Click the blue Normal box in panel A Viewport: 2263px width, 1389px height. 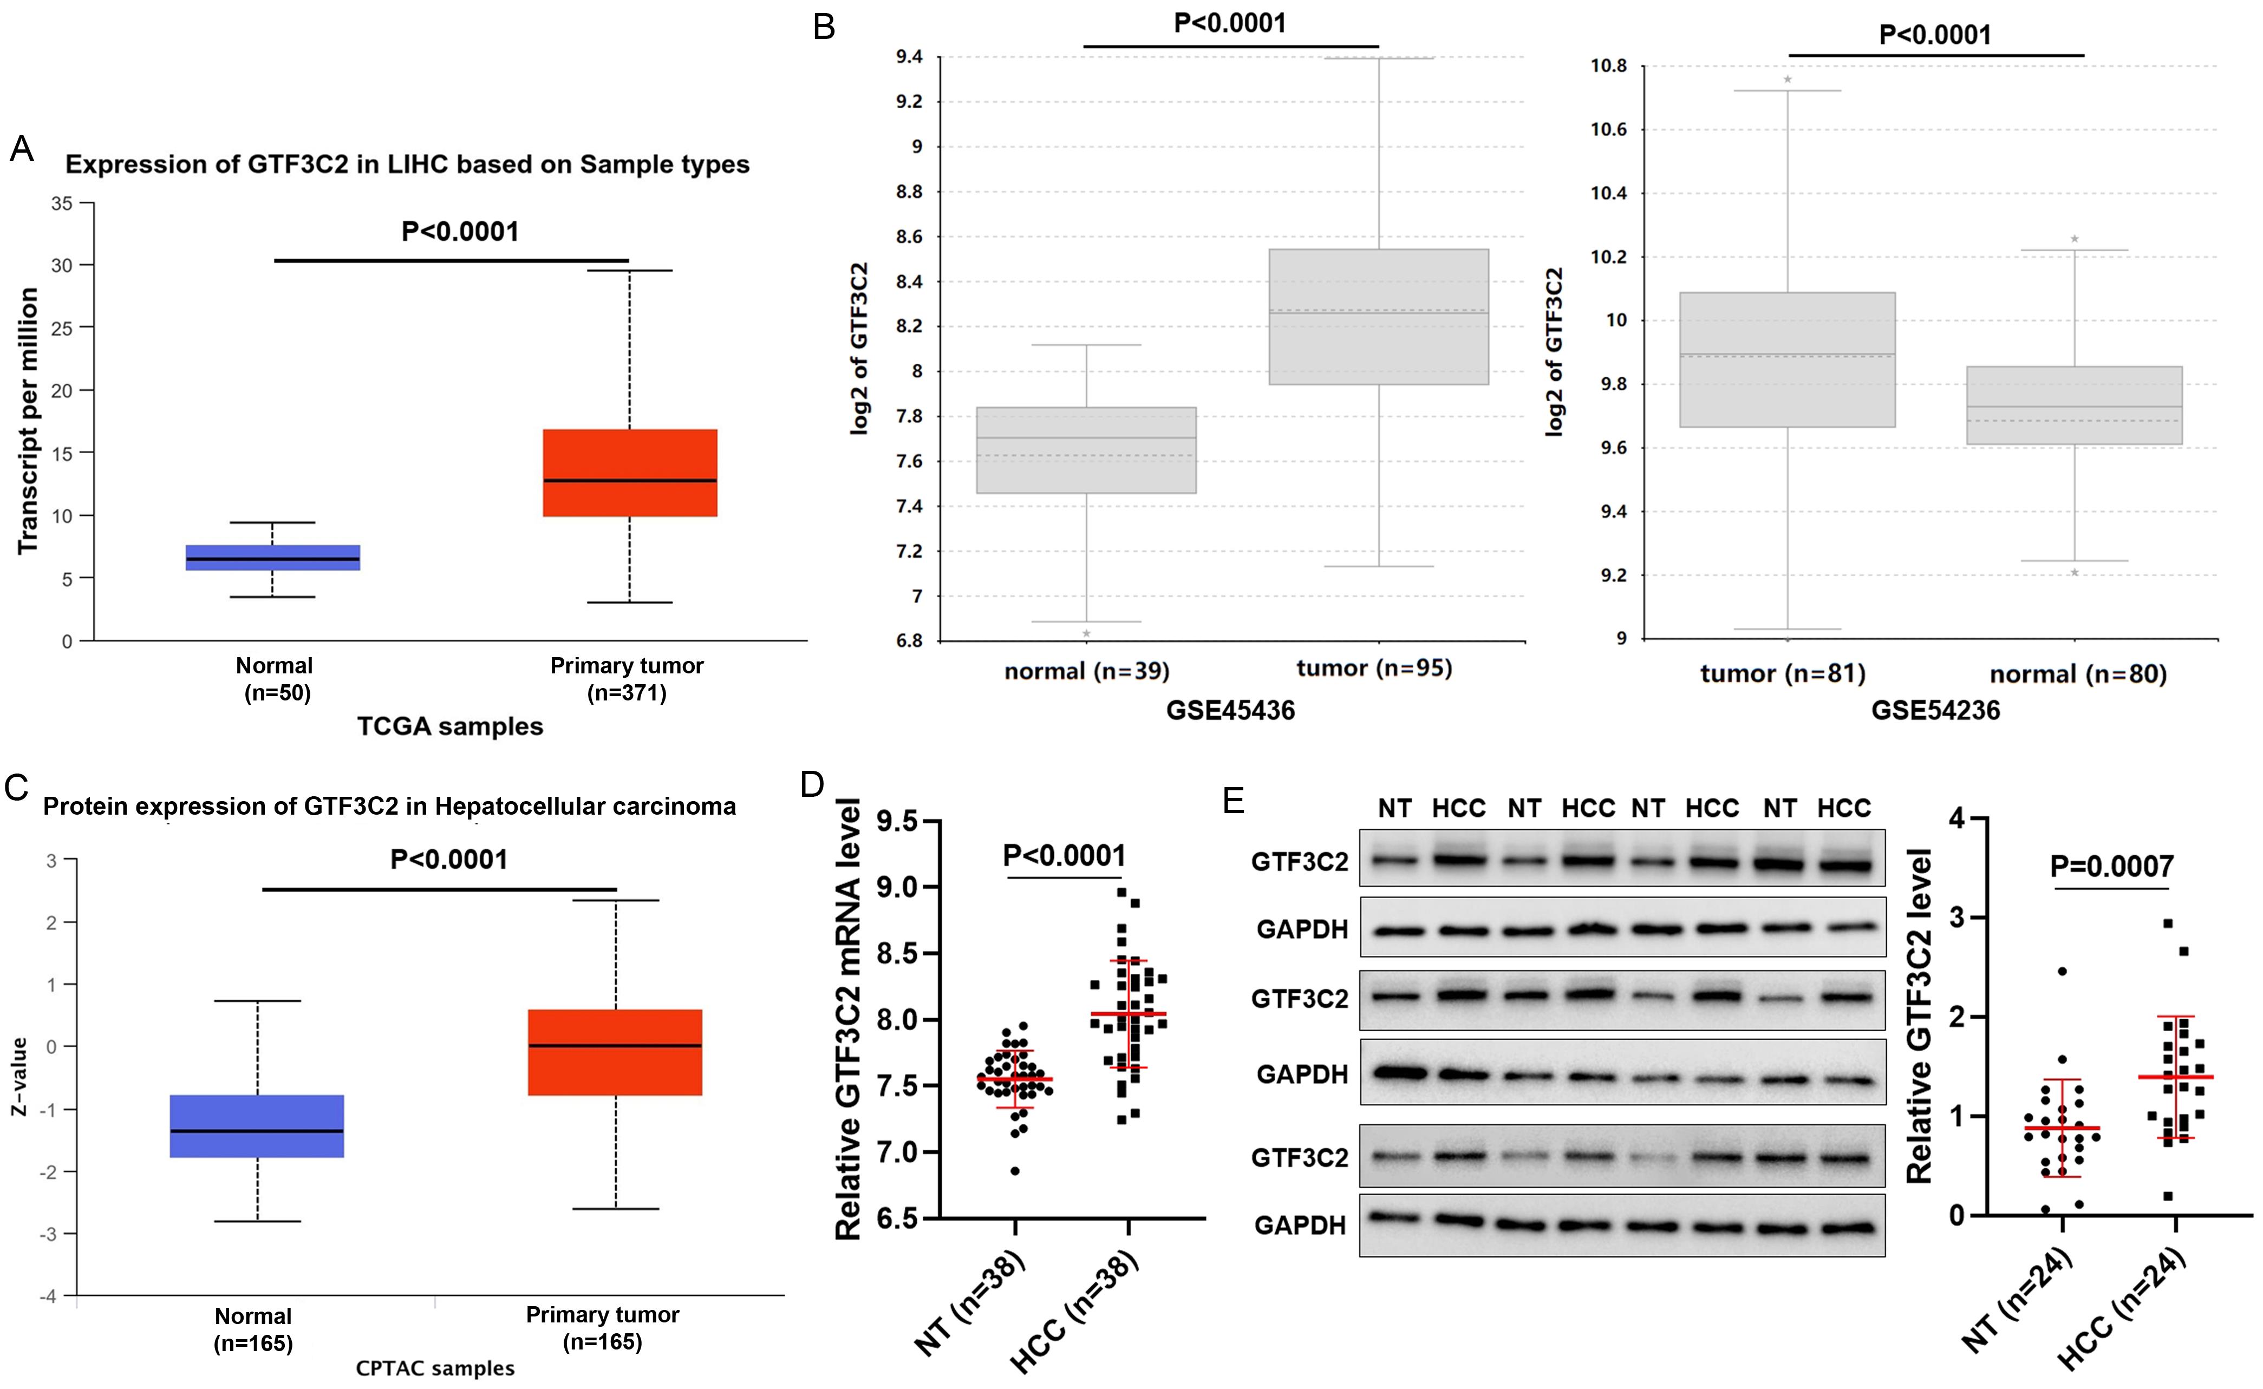[273, 558]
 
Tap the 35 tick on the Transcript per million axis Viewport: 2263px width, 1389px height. [62, 203]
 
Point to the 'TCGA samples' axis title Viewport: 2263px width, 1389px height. [450, 726]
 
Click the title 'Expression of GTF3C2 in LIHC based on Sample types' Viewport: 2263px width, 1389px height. [407, 165]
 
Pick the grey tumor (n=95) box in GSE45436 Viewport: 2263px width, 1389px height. [1378, 317]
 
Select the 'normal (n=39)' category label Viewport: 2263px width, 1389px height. [1087, 672]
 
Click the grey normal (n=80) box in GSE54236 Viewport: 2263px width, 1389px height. [2073, 405]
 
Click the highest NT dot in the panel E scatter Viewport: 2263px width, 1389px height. [2062, 971]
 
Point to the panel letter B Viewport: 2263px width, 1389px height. [824, 27]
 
